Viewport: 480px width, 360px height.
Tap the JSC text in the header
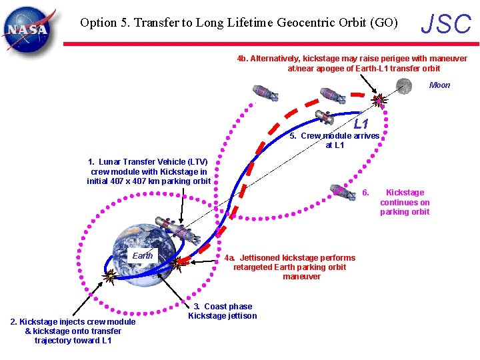point(446,24)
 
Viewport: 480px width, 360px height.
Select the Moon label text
point(439,85)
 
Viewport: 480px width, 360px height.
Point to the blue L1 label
point(361,124)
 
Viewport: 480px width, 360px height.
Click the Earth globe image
point(143,251)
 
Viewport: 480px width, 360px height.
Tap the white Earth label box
point(142,255)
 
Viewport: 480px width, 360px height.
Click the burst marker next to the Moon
point(379,100)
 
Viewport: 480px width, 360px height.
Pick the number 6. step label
point(365,193)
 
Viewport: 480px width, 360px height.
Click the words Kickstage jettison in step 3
point(222,316)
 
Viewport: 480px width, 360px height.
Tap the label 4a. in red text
point(230,258)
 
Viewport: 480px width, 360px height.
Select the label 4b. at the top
point(243,59)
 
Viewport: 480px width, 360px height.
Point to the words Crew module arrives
point(340,136)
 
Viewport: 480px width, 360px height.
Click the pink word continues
point(405,203)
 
